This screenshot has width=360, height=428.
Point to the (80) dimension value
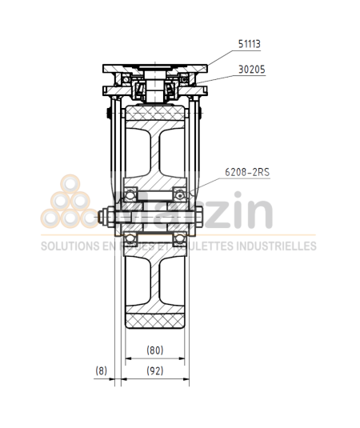point(156,350)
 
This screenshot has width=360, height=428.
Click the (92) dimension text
point(156,370)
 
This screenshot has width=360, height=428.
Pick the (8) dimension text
point(101,370)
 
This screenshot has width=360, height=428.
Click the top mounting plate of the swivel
point(156,66)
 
